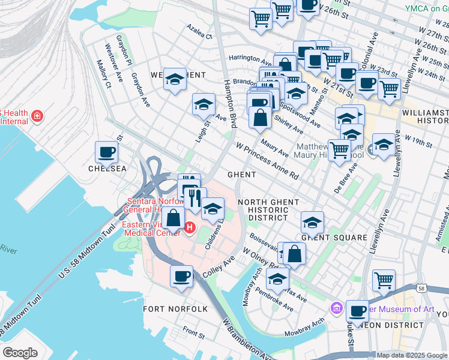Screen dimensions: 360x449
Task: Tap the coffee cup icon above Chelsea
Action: tap(107, 152)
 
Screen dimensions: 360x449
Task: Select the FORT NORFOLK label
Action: tap(175, 309)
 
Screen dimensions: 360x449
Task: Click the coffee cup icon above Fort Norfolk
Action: tap(182, 276)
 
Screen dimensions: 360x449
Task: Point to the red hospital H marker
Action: tap(190, 228)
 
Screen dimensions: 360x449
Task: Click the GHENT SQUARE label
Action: tap(334, 238)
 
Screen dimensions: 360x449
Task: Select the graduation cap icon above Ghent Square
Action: tap(312, 222)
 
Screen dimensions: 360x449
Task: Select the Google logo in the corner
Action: tap(20, 353)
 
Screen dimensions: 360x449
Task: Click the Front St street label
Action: tap(194, 331)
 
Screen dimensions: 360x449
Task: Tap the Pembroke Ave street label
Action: tap(276, 303)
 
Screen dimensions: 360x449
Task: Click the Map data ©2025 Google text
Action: tap(411, 355)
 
